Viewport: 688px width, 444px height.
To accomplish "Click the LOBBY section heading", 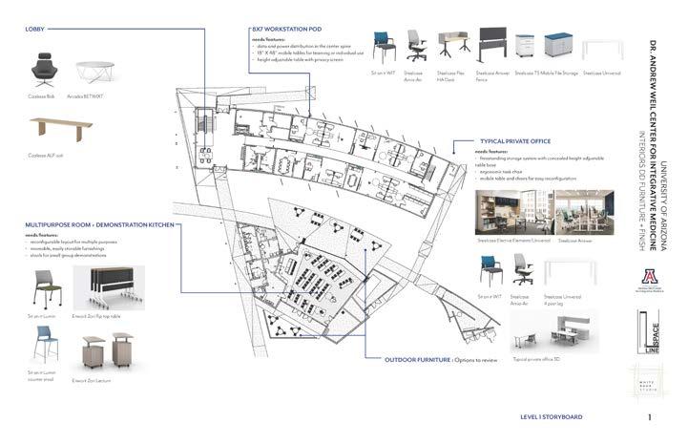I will point(38,30).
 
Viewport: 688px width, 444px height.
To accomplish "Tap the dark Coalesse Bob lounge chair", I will point(45,69).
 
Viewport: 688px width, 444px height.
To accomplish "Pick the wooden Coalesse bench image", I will point(61,128).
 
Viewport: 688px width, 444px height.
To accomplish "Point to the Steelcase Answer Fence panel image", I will point(488,48).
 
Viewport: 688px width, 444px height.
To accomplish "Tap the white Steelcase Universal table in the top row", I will point(601,49).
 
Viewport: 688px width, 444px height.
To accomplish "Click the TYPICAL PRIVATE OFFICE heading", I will point(514,140).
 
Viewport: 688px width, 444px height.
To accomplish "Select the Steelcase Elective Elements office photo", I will point(512,212).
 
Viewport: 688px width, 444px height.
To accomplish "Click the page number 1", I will point(649,417).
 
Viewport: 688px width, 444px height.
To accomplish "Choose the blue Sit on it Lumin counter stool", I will point(44,345).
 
